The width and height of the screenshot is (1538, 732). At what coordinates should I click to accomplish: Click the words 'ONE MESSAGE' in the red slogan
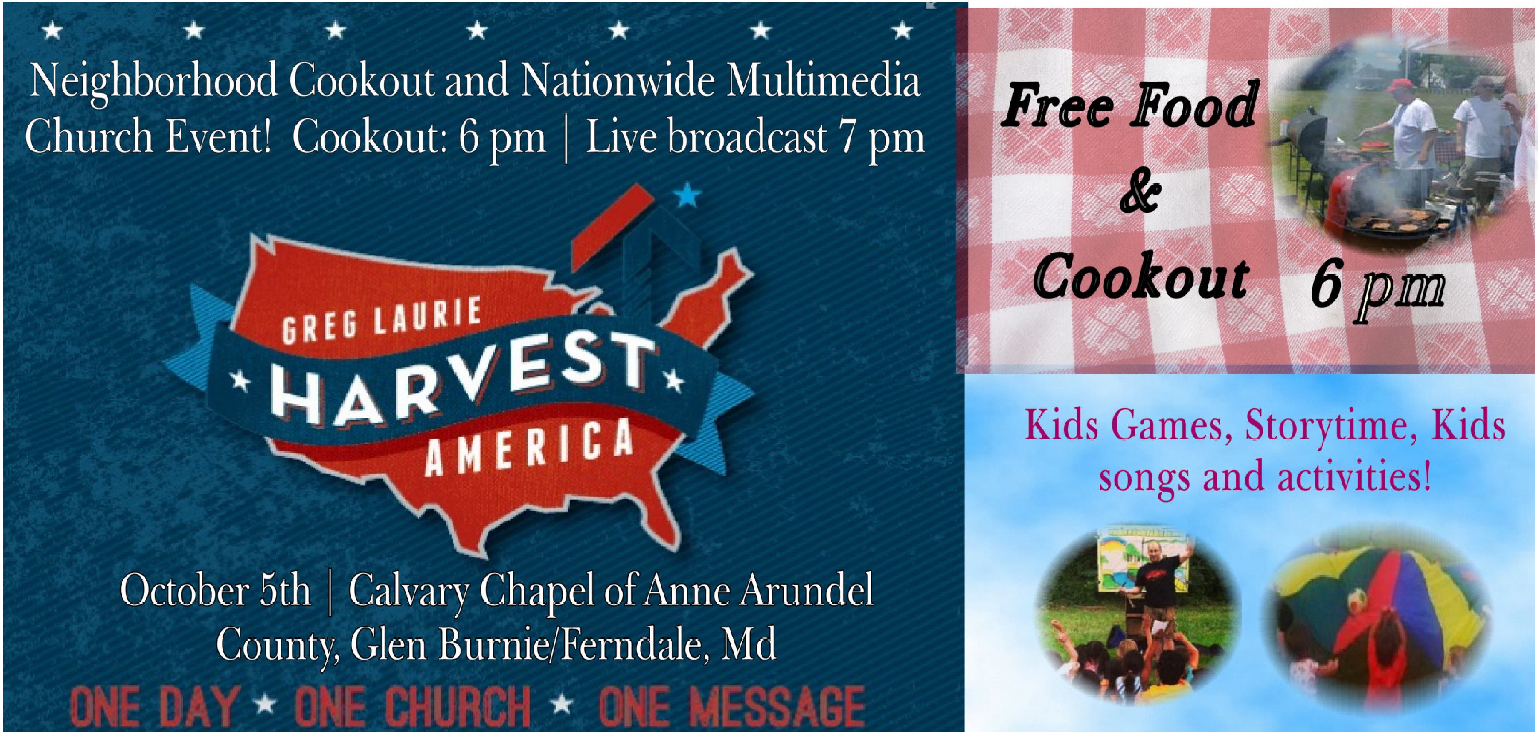click(731, 706)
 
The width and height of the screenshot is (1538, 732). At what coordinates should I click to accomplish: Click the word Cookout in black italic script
click(1141, 278)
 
